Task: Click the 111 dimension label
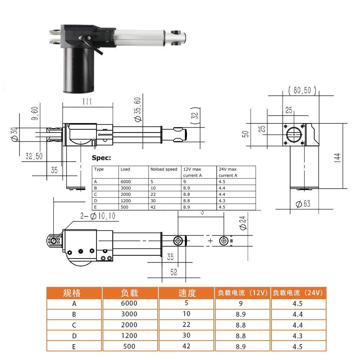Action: click(x=87, y=102)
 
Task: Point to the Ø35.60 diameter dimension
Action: click(x=138, y=109)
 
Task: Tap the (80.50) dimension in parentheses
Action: click(x=302, y=90)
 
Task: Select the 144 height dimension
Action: click(x=337, y=158)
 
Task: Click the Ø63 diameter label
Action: click(x=303, y=204)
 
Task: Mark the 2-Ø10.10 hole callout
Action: click(x=98, y=216)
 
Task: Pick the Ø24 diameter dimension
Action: click(x=243, y=223)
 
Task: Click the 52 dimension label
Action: click(x=174, y=272)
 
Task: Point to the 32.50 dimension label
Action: click(x=34, y=156)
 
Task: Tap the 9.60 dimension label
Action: click(x=35, y=113)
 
